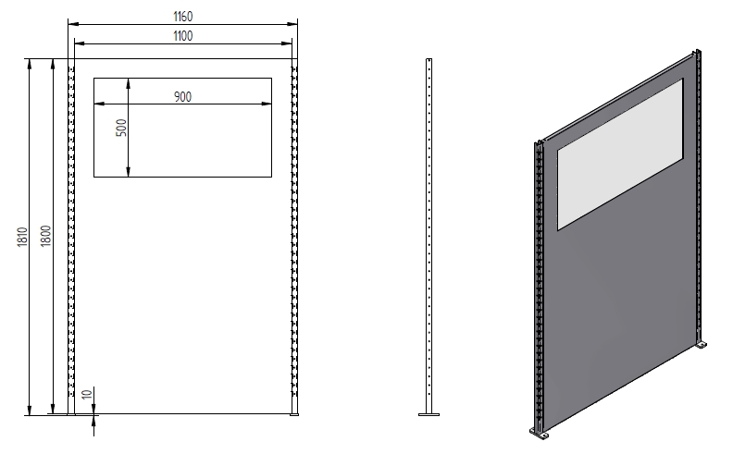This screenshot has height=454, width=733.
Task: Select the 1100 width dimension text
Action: coord(182,35)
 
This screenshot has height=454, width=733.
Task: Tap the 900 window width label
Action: coord(182,97)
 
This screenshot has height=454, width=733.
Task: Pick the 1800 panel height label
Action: coord(45,238)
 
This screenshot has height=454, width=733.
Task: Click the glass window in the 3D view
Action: coord(618,153)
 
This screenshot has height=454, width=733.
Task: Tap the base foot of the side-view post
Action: coord(429,412)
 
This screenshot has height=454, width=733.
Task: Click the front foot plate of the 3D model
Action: coord(540,433)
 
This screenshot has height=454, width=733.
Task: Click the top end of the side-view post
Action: coord(429,62)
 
